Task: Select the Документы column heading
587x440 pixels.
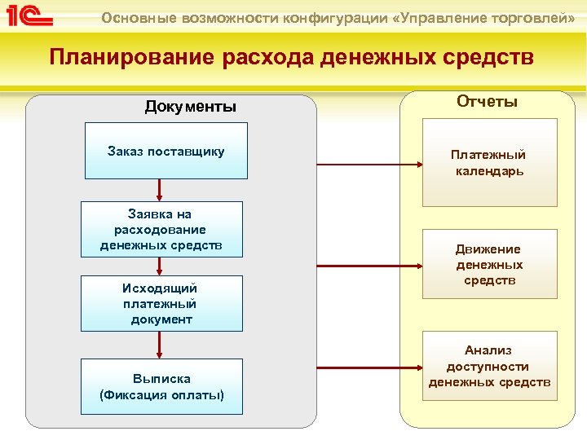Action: (x=190, y=107)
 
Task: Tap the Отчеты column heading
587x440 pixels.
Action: (x=487, y=101)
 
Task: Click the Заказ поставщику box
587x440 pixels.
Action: (x=166, y=151)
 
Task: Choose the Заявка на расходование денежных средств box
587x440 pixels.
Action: (x=161, y=229)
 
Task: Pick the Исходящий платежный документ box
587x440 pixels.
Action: (x=161, y=303)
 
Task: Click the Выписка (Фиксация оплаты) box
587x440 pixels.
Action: (x=161, y=386)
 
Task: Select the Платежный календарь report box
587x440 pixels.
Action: (x=489, y=162)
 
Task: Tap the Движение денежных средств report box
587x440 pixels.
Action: (x=489, y=265)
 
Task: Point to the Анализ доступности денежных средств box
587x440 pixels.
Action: (x=489, y=366)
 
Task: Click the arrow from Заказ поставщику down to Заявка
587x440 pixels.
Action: (x=160, y=190)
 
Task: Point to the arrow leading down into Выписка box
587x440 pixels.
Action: (x=160, y=345)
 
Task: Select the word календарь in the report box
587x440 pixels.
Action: (x=489, y=171)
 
